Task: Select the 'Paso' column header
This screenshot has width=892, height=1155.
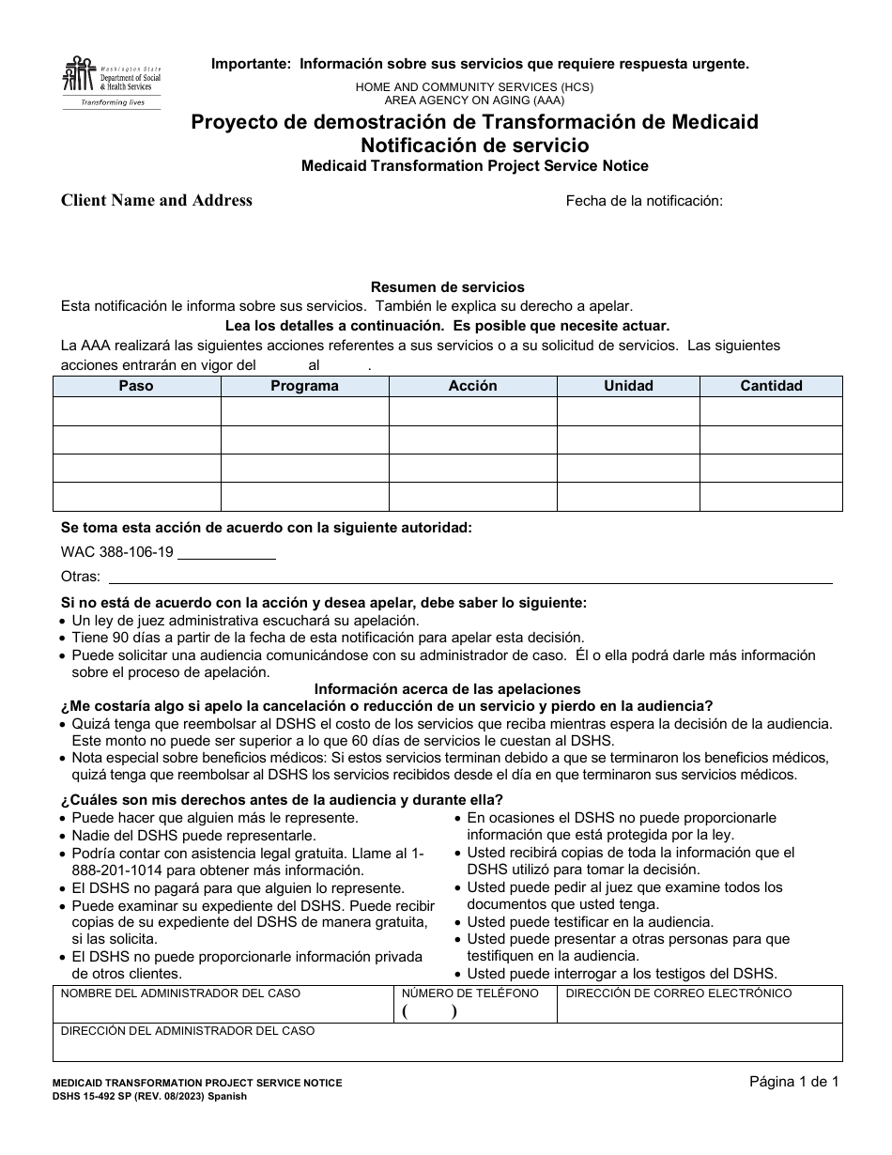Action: coord(136,386)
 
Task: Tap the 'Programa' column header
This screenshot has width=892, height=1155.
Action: coord(304,386)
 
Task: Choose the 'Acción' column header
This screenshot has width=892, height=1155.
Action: coord(472,386)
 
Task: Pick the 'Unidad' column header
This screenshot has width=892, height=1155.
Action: coord(628,386)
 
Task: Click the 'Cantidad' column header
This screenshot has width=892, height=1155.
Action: coord(771,386)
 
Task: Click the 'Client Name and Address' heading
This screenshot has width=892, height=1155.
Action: coord(157,200)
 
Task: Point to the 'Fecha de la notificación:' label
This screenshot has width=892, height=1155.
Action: coord(643,200)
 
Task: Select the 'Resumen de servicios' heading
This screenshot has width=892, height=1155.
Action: coord(447,287)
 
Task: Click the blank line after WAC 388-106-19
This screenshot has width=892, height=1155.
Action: coord(226,553)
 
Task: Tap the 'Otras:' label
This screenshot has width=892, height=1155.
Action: coord(80,577)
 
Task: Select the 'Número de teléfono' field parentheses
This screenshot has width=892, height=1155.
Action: coord(429,1011)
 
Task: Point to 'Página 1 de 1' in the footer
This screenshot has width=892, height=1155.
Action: coord(793,1082)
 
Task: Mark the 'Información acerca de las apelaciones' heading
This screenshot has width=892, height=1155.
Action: coord(447,689)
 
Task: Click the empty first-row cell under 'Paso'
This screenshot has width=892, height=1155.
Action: coord(136,411)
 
